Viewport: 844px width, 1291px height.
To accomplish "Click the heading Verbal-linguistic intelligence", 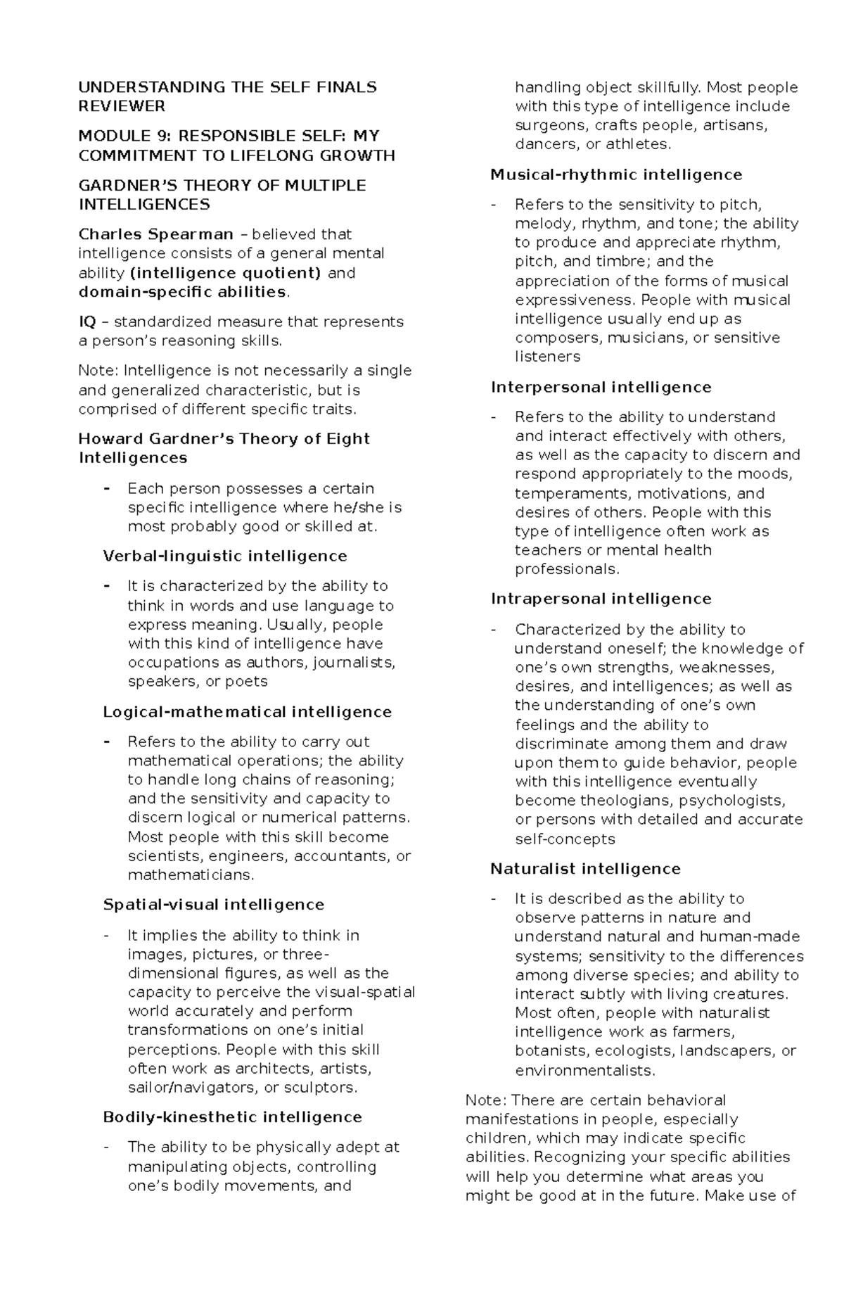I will (x=225, y=557).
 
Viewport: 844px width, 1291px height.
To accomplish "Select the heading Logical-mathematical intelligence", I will (x=247, y=712).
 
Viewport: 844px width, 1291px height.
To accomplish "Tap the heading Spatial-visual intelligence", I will (x=213, y=905).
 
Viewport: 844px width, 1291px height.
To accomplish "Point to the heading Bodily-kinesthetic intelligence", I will (x=232, y=1117).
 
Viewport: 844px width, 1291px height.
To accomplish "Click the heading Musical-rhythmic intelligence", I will (x=616, y=174).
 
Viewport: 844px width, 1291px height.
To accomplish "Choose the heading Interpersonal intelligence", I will (x=601, y=388).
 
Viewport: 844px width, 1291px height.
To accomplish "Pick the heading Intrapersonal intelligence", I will (x=601, y=599).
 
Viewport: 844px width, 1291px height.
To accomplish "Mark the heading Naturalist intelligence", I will (x=585, y=869).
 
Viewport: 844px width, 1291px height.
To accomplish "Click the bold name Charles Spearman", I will (x=155, y=234).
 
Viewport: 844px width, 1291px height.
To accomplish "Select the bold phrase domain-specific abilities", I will (x=182, y=292).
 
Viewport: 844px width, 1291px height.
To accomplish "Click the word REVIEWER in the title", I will (x=122, y=106).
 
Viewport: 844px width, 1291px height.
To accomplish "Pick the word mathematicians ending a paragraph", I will (x=188, y=875).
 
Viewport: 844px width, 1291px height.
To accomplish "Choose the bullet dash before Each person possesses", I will (x=107, y=488).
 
